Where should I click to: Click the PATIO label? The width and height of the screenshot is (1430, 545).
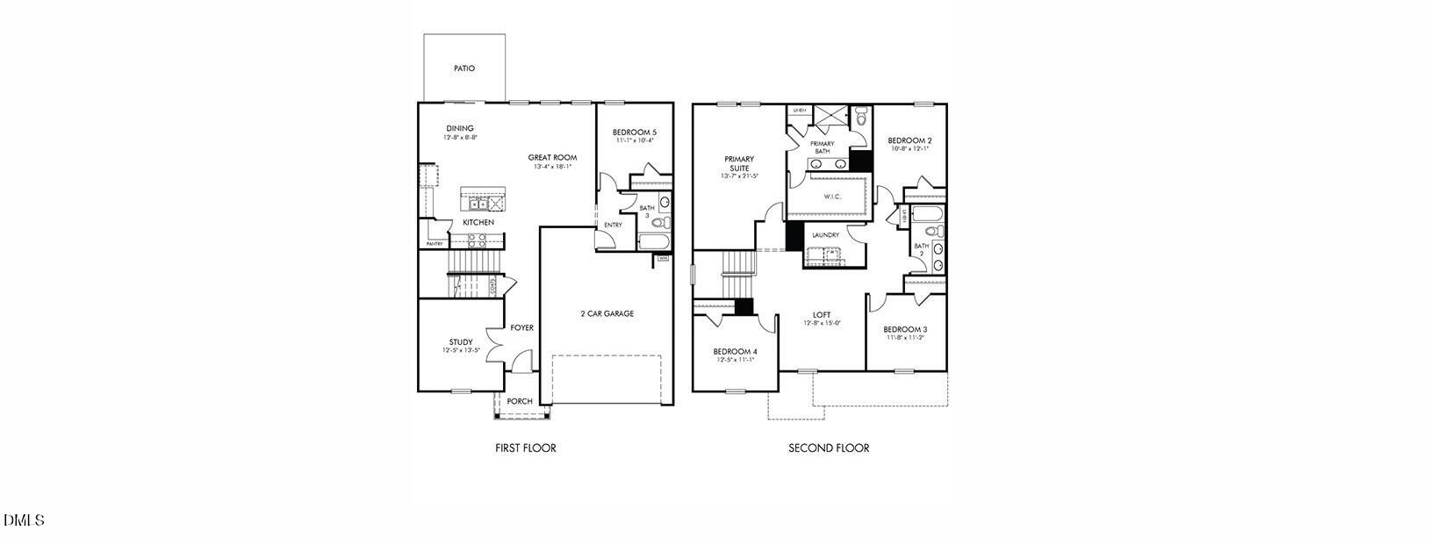(x=464, y=68)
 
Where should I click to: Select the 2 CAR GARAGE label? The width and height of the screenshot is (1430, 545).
(x=607, y=313)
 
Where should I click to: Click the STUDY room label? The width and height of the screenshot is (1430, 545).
(x=461, y=342)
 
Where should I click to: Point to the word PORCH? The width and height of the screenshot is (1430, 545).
(x=520, y=402)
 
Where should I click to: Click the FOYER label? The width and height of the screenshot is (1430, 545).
(x=522, y=328)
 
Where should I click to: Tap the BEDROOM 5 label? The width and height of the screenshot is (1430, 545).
(x=635, y=133)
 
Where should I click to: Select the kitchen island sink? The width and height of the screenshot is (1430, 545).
(x=478, y=204)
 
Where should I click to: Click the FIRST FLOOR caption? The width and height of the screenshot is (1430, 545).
(x=526, y=448)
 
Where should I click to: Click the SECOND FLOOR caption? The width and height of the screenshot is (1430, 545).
(x=829, y=448)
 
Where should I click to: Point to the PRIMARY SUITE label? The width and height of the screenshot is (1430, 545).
(x=739, y=163)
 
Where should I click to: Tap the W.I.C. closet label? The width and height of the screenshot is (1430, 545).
(x=832, y=197)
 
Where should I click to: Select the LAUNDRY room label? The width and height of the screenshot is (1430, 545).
(x=825, y=235)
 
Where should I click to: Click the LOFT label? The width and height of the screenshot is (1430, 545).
(x=822, y=315)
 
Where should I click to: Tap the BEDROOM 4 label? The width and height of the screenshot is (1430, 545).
(x=735, y=351)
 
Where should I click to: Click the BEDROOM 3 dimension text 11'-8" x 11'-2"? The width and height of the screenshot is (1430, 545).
(x=905, y=338)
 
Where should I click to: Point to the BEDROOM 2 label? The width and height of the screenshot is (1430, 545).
(x=909, y=140)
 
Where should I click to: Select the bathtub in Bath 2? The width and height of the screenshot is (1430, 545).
(x=927, y=213)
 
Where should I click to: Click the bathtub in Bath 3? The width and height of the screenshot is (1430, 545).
(x=654, y=241)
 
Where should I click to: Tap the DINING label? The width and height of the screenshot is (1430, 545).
(x=460, y=128)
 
